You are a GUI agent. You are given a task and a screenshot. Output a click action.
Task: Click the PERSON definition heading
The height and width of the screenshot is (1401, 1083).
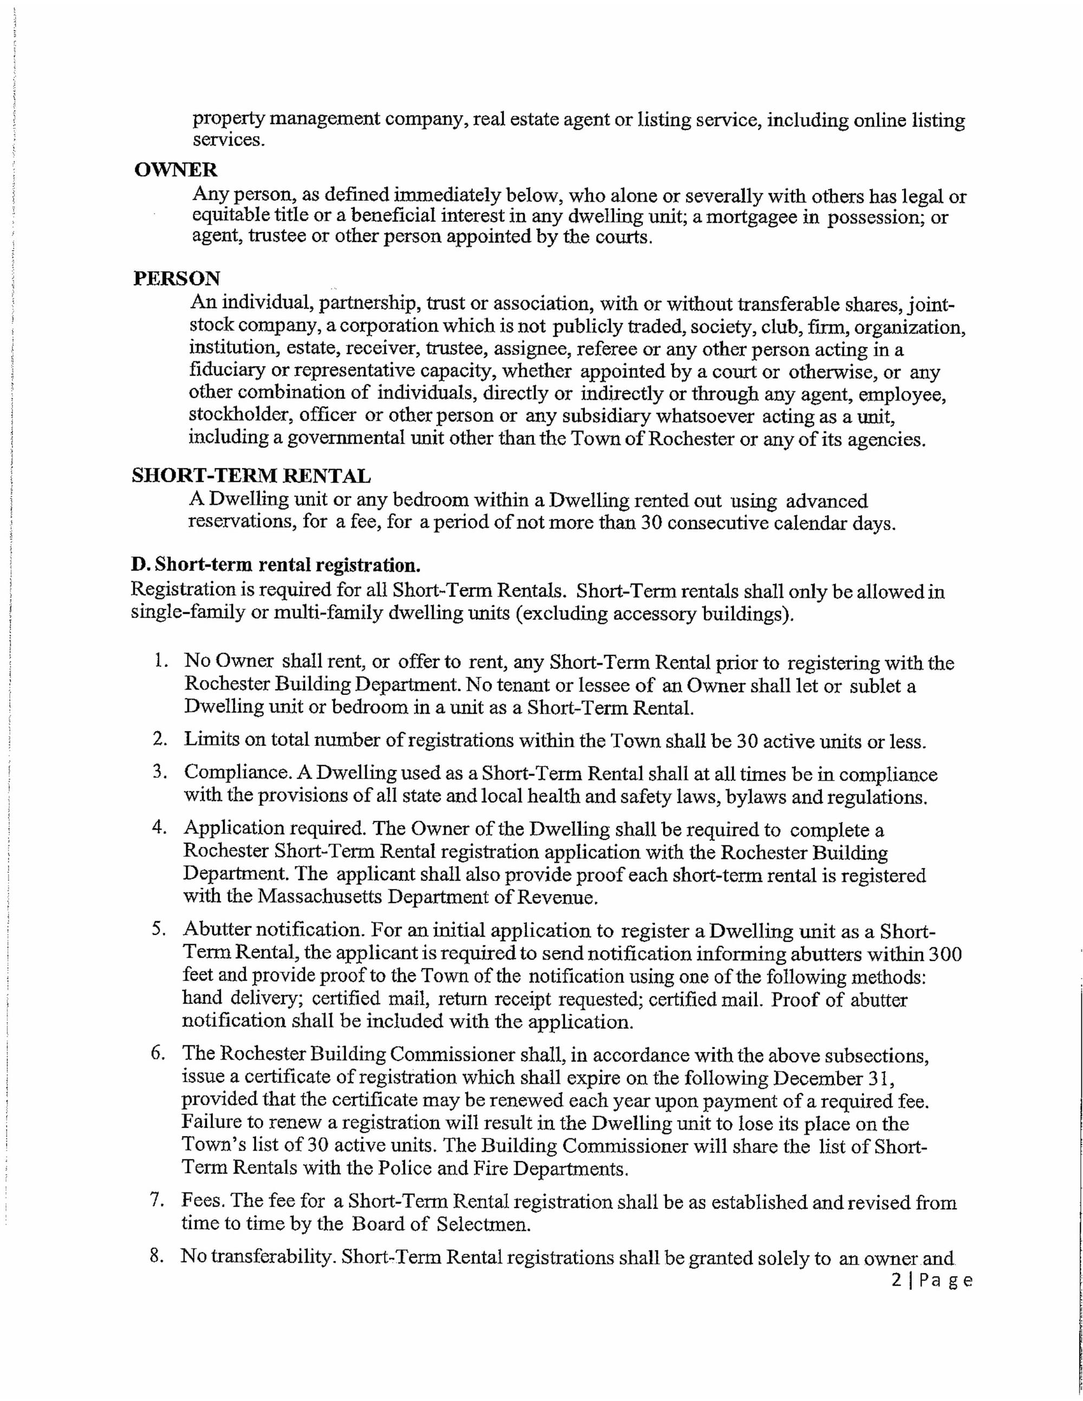177,278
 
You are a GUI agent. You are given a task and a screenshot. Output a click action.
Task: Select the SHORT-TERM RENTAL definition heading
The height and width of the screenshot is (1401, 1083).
251,476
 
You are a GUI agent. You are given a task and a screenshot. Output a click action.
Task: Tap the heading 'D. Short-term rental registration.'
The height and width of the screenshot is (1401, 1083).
276,565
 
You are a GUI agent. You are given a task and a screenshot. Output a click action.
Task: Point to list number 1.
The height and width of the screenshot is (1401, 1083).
160,661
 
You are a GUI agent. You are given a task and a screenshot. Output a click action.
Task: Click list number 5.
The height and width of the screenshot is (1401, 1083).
159,929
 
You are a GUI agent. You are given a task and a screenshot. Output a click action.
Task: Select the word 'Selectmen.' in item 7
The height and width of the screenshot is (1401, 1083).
484,1224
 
